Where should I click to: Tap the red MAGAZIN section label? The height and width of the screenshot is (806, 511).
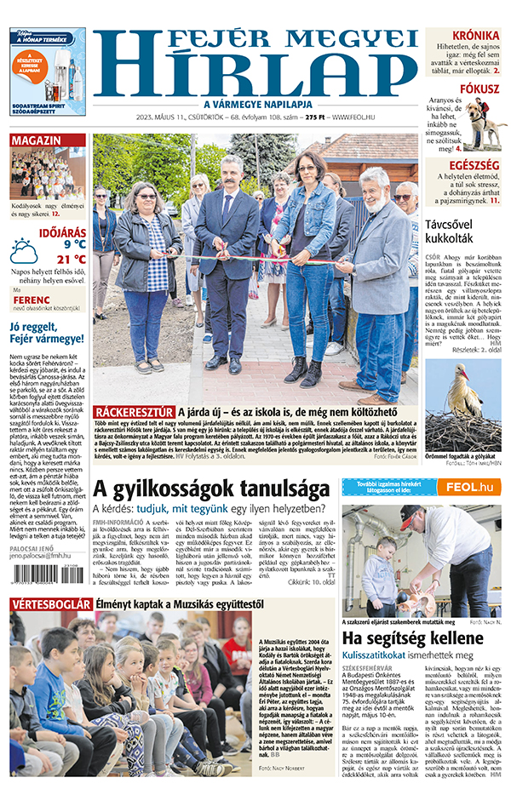37,140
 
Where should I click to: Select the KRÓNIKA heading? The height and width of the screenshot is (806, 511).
475,36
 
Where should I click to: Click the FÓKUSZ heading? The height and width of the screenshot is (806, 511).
479,88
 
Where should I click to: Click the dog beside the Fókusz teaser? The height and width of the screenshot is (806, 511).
485,123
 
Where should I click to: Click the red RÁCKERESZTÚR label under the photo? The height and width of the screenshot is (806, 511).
135,412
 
